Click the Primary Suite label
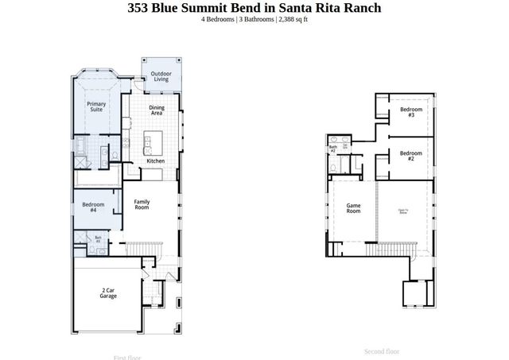96,106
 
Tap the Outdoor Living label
161,76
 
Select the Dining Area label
157,110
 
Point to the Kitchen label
156,161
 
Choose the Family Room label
142,205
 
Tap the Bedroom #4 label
93,208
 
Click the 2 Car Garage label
108,292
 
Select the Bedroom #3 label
410,112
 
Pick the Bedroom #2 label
410,156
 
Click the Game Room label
353,208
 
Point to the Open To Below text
403,211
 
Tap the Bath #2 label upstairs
333,149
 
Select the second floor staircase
390,251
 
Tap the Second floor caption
382,351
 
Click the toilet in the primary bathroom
116,154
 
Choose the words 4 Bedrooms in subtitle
219,19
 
